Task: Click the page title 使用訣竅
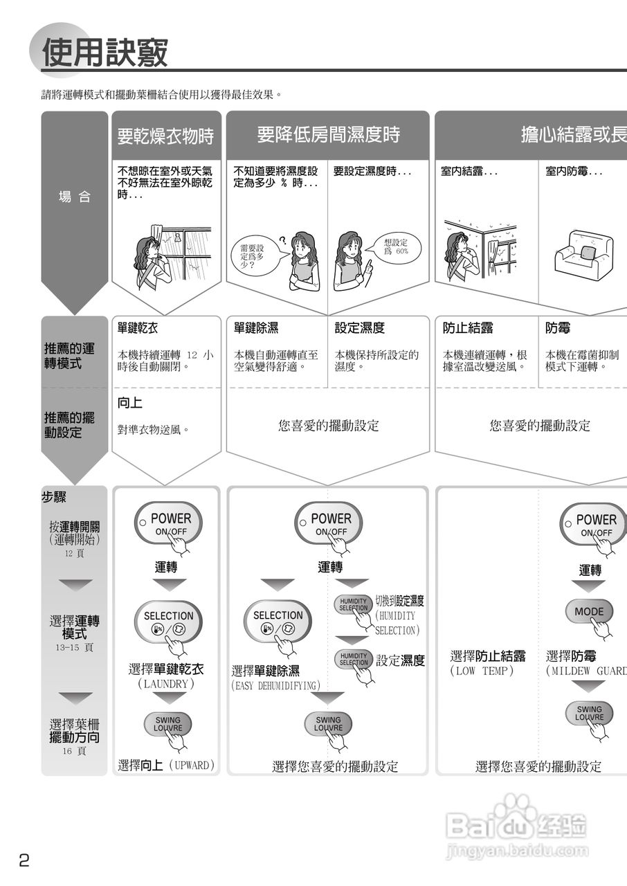(105, 53)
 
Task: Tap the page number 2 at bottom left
(24, 860)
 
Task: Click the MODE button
(589, 612)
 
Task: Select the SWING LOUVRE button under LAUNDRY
(167, 724)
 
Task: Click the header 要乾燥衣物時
(165, 136)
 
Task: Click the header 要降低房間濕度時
(328, 134)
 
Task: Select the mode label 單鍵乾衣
(138, 328)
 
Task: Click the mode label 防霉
(558, 328)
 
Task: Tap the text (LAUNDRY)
(165, 684)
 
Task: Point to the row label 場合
(75, 197)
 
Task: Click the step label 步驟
(54, 498)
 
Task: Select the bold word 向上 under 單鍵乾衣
(130, 403)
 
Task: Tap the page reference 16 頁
(74, 751)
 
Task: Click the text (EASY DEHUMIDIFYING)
(275, 685)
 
